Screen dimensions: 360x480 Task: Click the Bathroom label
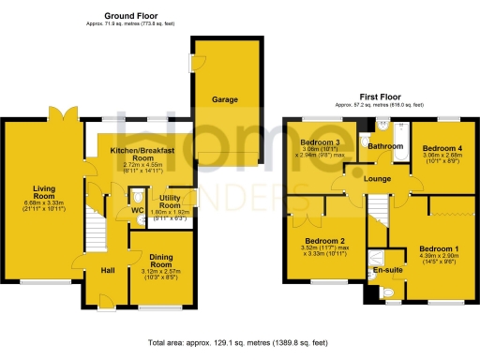[x=385, y=147]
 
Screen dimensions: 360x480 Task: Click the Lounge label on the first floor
[x=379, y=179]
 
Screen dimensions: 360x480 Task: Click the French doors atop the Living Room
[x=65, y=114]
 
